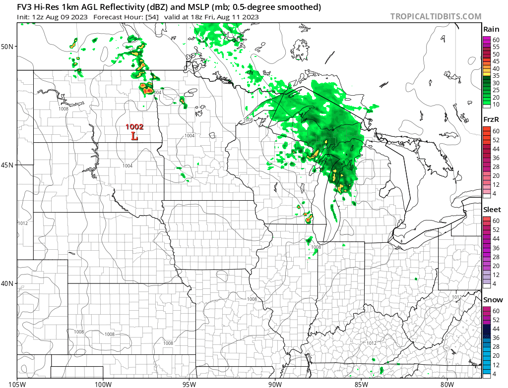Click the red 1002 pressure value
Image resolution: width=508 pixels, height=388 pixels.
click(x=134, y=127)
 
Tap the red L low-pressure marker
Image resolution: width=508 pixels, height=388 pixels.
click(x=134, y=136)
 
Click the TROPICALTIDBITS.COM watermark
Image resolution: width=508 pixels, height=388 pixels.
click(x=436, y=16)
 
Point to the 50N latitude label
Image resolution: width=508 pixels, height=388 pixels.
click(x=8, y=46)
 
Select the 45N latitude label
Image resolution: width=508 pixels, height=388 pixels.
click(x=8, y=165)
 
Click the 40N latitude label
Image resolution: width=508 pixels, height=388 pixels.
click(x=8, y=283)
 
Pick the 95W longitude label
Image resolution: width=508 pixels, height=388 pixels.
click(x=189, y=383)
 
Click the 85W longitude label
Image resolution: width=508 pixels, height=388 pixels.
click(x=361, y=383)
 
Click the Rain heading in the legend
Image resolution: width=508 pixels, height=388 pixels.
click(x=491, y=30)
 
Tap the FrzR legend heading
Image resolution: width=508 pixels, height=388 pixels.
click(x=491, y=120)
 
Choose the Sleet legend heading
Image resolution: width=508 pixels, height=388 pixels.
click(x=492, y=210)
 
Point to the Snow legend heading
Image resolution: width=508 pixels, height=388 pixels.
click(x=493, y=300)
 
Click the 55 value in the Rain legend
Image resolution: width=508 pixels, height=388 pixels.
click(x=496, y=47)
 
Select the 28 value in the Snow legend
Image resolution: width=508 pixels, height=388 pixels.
click(x=496, y=346)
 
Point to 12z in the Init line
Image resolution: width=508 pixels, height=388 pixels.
click(x=38, y=17)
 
